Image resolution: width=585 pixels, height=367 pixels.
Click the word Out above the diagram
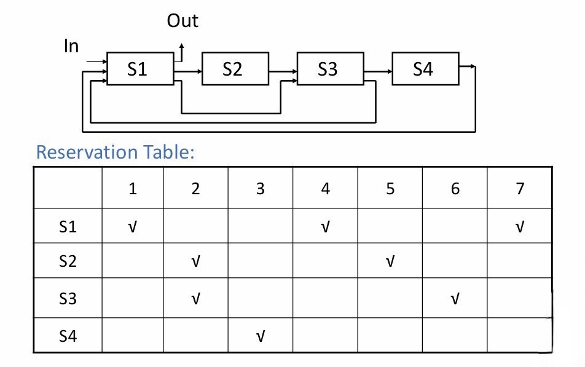183,22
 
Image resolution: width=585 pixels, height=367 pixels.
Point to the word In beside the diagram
72,45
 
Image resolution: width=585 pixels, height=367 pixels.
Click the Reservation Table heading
115,152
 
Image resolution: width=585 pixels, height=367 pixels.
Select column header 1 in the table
132,189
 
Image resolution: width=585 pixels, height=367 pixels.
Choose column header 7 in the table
520,189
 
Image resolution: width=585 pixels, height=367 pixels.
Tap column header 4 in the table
326,189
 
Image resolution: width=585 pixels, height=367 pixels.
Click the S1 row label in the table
68,227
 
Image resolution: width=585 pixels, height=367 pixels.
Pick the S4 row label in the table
68,336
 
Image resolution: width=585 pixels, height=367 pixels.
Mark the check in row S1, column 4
326,227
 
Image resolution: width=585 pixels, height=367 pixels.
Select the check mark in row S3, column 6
455,299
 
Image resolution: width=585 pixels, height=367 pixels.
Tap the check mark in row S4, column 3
261,336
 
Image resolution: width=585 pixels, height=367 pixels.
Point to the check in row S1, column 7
520,227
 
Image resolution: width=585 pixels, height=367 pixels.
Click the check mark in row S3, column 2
196,299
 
